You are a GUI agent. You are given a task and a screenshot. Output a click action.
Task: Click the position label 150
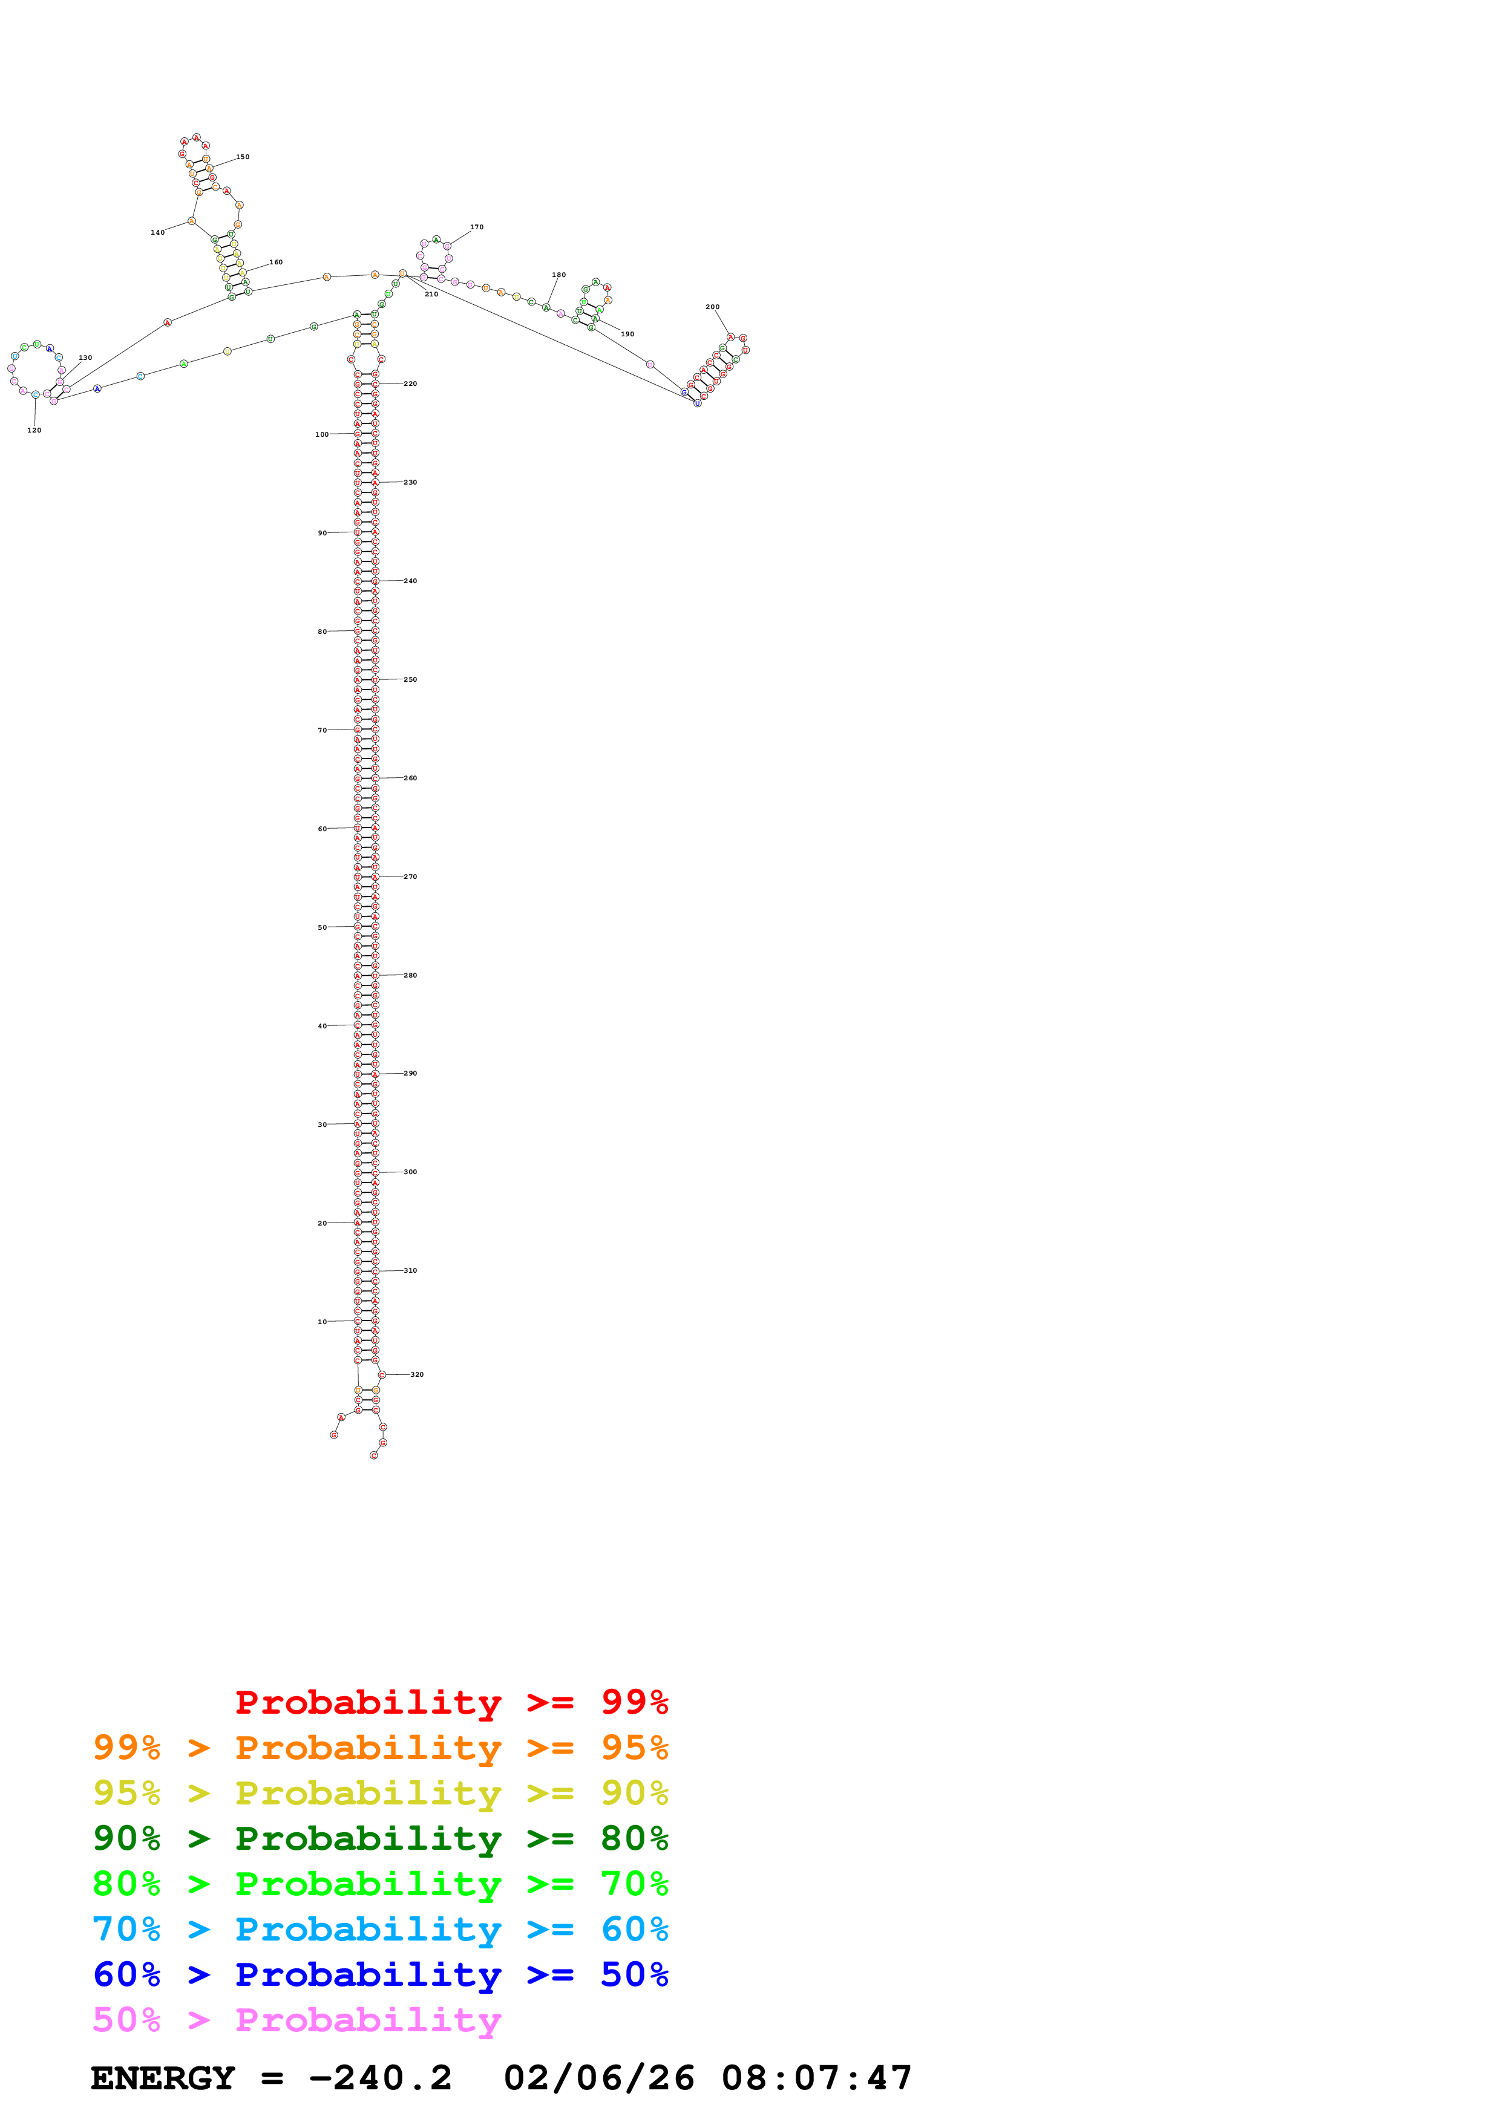[242, 157]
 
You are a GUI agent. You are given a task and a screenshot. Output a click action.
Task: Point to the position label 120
[34, 429]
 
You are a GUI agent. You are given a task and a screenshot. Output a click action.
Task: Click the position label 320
[417, 1374]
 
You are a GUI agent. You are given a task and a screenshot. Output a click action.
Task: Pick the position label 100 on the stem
[322, 434]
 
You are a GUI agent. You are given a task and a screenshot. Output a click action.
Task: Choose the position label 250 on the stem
[410, 679]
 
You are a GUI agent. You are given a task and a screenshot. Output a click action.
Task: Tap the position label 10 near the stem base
[322, 1322]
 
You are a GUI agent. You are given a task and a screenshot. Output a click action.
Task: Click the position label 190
[627, 335]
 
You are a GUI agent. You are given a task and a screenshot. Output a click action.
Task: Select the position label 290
[410, 1073]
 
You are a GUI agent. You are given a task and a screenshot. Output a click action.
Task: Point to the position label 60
[322, 829]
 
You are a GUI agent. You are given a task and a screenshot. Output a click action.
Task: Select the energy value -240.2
[380, 2078]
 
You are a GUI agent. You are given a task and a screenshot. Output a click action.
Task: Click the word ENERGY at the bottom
[163, 2078]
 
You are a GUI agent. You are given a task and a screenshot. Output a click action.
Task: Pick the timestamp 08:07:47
[816, 2078]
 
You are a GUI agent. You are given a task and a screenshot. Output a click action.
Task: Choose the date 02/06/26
[599, 2078]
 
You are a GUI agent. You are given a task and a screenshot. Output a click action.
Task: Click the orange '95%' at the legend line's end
[634, 1747]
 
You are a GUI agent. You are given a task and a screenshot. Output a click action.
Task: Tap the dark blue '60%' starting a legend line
[126, 1974]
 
